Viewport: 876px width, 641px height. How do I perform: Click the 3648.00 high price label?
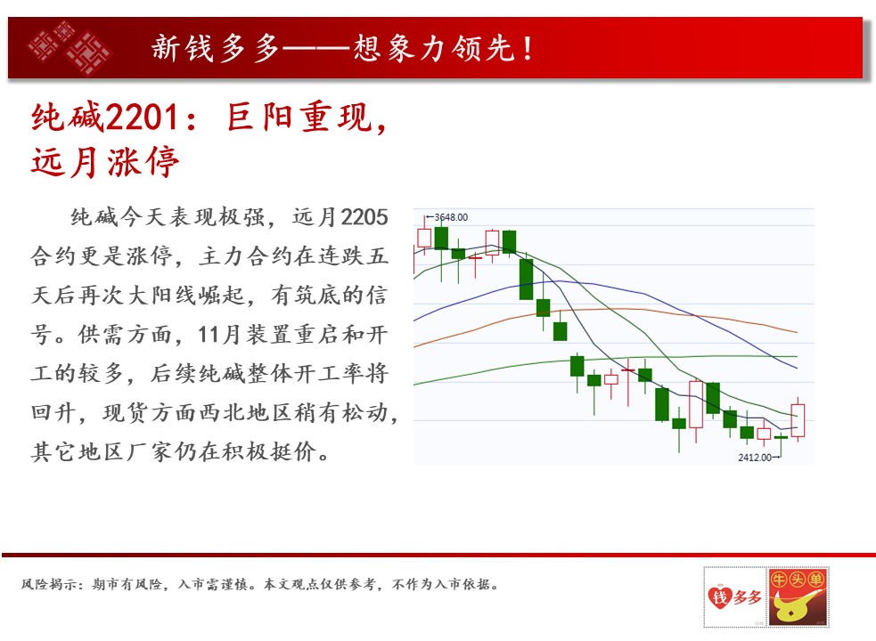451,217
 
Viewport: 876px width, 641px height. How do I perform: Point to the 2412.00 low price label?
755,458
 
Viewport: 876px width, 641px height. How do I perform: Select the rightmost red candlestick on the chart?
798,420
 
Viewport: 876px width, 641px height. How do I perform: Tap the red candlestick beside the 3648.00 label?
424,238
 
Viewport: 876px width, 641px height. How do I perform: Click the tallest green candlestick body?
526,280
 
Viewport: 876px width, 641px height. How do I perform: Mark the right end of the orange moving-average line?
797,332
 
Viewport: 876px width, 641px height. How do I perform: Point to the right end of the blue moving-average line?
797,369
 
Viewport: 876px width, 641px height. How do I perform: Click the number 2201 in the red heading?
142,118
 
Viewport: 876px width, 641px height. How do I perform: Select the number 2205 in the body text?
364,217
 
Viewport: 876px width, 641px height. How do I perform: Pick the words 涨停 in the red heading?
143,163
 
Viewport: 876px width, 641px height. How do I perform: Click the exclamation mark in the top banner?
528,48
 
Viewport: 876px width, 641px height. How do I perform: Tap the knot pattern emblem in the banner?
70,48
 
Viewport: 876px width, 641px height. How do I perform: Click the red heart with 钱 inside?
720,596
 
